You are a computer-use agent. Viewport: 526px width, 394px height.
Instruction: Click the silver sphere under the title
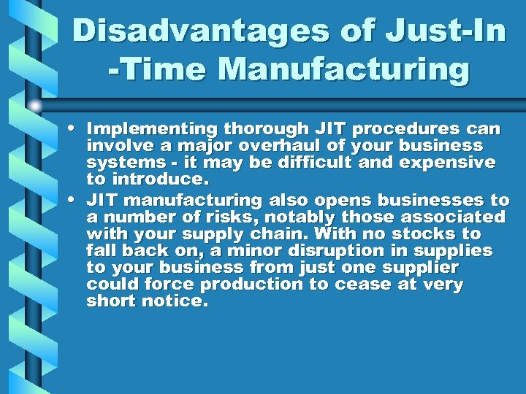pyautogui.click(x=36, y=107)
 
